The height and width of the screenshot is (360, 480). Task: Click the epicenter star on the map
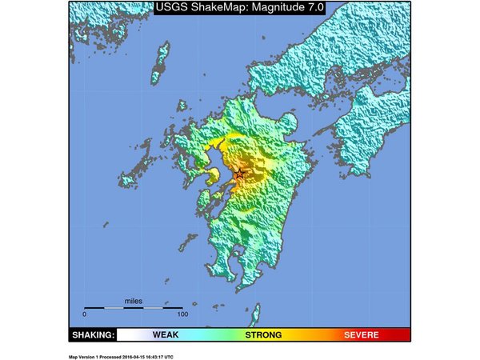239,174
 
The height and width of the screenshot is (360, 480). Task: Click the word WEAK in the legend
166,334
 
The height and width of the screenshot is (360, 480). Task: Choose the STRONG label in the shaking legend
263,334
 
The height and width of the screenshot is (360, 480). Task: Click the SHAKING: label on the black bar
94,334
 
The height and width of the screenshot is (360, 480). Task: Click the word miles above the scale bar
134,301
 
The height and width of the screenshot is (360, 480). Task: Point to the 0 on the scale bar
85,314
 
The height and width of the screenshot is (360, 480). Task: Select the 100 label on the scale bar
182,314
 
